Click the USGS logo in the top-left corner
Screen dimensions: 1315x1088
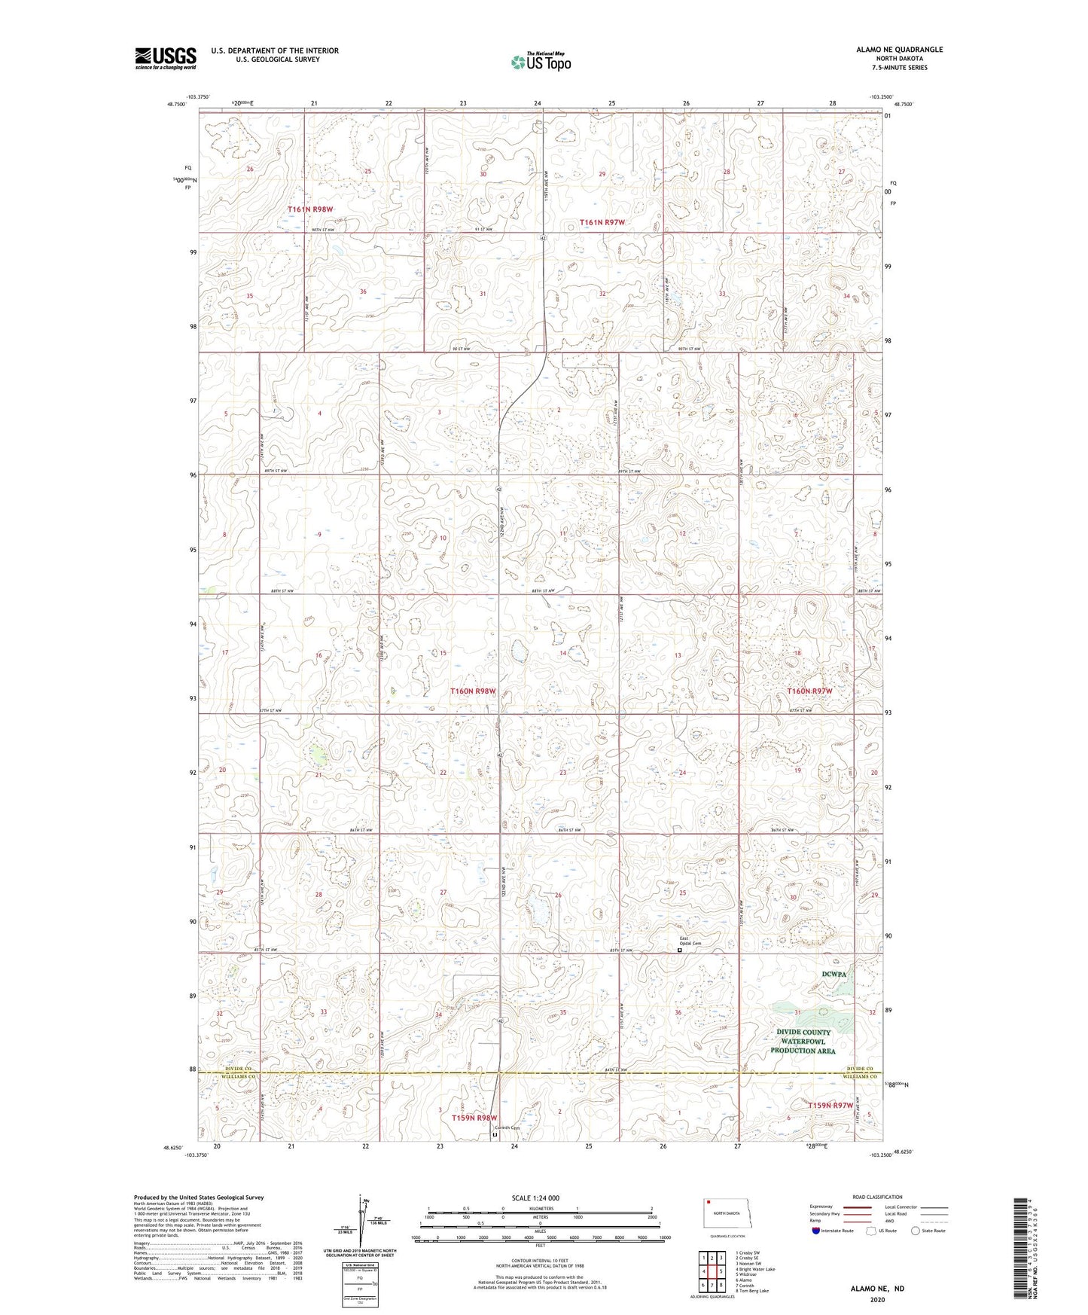165,58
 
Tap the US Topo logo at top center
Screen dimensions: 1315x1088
539,62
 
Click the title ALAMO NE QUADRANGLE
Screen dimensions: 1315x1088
899,50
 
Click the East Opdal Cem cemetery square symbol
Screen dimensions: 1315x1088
679,950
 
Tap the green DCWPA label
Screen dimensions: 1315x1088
834,974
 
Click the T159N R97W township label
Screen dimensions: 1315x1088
830,1105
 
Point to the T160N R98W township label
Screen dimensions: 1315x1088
473,691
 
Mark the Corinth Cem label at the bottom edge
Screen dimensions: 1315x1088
504,1127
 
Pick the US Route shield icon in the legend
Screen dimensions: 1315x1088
872,1231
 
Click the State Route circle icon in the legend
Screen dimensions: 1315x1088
916,1231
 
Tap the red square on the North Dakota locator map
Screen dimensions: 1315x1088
709,1202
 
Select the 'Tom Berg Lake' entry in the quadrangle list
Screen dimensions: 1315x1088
752,1291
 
